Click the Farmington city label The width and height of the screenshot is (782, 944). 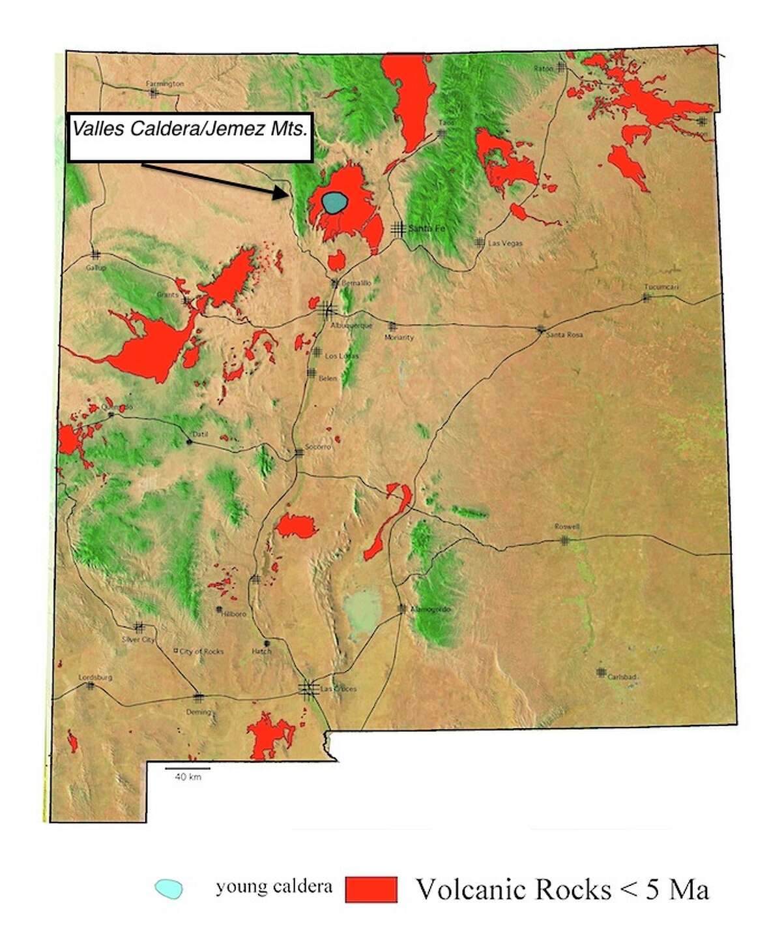click(165, 84)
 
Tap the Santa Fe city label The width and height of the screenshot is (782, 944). click(426, 229)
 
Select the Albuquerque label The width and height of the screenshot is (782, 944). click(351, 325)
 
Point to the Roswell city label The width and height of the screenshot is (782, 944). click(566, 526)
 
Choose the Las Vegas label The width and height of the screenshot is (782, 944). click(505, 243)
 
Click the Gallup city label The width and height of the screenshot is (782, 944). click(96, 267)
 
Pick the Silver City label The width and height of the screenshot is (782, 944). click(139, 640)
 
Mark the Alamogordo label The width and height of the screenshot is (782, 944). click(431, 609)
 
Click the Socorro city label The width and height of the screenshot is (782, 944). click(318, 447)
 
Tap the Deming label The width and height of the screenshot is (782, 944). click(199, 712)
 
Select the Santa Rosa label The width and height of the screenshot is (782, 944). click(564, 335)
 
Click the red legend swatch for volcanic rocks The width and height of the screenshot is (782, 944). click(371, 889)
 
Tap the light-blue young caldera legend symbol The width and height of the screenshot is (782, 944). click(169, 888)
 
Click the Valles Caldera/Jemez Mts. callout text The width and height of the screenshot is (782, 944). click(190, 129)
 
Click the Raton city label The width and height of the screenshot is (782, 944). click(543, 69)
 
